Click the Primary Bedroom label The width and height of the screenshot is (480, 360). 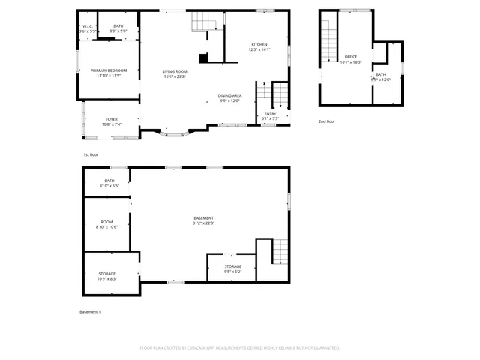[x=109, y=73]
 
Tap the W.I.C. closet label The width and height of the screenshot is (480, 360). [x=88, y=28]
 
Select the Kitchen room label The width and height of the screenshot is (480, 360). [x=259, y=47]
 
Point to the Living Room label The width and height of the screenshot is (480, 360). [x=175, y=73]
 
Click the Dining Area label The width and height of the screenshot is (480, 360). [x=229, y=98]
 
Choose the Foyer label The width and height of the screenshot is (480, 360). [x=111, y=121]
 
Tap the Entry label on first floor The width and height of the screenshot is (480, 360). [x=270, y=115]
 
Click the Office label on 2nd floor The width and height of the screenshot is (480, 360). [x=351, y=59]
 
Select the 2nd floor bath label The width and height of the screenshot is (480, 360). [x=381, y=77]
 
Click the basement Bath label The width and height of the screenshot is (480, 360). [x=109, y=183]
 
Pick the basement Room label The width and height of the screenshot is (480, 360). [x=107, y=224]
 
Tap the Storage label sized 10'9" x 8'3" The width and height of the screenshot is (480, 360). [x=107, y=276]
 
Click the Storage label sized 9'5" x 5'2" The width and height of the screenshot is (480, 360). [x=232, y=268]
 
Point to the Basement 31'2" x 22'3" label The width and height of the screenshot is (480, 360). [x=203, y=220]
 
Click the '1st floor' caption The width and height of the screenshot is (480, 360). [x=91, y=154]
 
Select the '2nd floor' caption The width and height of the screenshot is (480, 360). [x=327, y=121]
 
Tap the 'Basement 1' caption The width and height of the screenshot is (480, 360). [x=90, y=311]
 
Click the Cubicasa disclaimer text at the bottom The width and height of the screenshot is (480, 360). [x=240, y=348]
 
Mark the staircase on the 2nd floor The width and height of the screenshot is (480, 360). [x=329, y=41]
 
